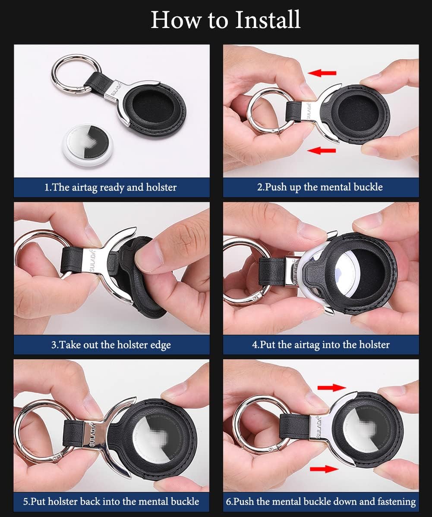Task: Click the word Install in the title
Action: [266, 19]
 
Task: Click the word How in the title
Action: [171, 19]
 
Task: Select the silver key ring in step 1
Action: [69, 73]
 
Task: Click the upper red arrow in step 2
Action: [322, 73]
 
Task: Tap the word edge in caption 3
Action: [160, 345]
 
